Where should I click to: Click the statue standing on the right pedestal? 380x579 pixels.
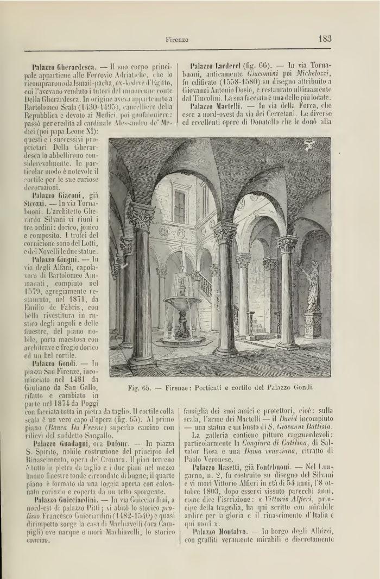[312, 288]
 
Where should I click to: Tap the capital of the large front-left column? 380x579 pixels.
[141, 217]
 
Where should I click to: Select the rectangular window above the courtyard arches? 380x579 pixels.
[180, 206]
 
